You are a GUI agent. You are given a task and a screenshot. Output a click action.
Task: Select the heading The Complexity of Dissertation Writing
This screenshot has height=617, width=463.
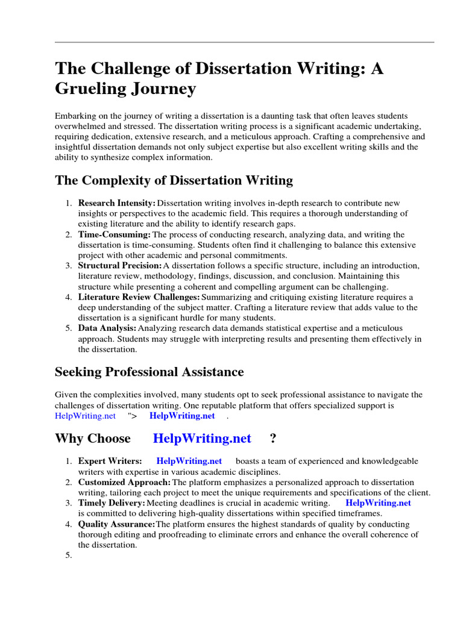(174, 180)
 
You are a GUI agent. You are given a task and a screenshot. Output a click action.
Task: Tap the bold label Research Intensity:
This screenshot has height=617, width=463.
(117, 204)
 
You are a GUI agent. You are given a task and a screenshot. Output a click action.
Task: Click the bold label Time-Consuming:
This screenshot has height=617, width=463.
(115, 234)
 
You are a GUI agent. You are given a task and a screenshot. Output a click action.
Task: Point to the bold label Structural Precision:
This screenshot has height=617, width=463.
(120, 266)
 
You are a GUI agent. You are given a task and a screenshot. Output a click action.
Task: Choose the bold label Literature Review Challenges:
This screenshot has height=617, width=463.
(139, 297)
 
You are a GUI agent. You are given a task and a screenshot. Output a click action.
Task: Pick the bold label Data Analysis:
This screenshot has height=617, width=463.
(107, 328)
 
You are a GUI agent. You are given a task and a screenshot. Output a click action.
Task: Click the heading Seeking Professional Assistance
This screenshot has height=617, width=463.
(149, 372)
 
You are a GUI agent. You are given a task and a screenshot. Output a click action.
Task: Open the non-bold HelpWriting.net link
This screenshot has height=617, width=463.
(85, 416)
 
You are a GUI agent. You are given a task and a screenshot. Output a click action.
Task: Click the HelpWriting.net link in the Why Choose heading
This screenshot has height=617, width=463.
(202, 439)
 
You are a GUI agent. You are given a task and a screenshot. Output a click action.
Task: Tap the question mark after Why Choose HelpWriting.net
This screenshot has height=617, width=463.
(273, 439)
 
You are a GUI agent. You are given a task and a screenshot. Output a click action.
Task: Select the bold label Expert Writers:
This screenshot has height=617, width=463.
(110, 462)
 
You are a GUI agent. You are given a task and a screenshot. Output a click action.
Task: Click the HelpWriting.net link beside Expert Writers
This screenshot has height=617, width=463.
(189, 462)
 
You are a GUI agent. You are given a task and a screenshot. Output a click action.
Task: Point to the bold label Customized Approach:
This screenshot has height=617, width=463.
(124, 483)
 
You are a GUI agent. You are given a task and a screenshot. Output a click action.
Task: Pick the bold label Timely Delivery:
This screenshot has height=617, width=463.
(112, 503)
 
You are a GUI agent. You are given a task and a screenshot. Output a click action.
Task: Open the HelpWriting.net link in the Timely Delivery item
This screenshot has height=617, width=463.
(379, 503)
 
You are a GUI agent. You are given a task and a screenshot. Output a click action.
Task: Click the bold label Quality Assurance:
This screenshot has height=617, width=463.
(116, 524)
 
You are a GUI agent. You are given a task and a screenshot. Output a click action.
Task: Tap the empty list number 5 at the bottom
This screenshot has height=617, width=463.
(68, 556)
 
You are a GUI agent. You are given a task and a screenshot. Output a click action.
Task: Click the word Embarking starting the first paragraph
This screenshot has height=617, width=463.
(75, 116)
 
